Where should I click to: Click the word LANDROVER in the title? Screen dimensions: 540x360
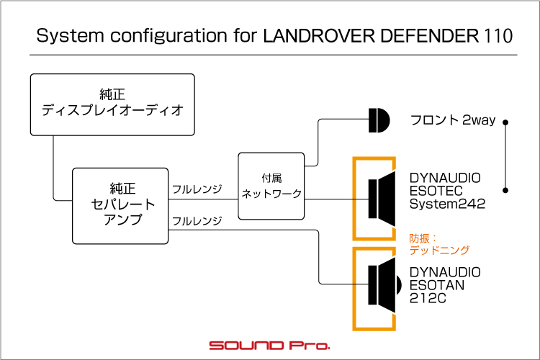pyautogui.click(x=318, y=36)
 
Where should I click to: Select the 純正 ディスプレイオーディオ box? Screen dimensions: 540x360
pyautogui.click(x=112, y=104)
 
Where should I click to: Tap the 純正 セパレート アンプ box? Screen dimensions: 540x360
pyautogui.click(x=120, y=206)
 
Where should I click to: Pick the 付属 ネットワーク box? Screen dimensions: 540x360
pyautogui.click(x=271, y=186)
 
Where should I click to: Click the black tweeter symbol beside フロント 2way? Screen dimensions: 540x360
pyautogui.click(x=379, y=120)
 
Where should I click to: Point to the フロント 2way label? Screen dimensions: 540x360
pyautogui.click(x=453, y=120)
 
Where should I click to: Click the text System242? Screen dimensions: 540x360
pyautogui.click(x=447, y=204)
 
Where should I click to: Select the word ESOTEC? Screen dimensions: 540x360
pyautogui.click(x=436, y=191)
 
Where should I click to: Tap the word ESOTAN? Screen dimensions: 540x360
pyautogui.click(x=437, y=285)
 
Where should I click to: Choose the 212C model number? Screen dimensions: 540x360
pyautogui.click(x=428, y=298)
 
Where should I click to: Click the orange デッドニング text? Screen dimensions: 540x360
pyautogui.click(x=439, y=250)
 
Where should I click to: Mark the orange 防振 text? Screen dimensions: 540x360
pyautogui.click(x=420, y=238)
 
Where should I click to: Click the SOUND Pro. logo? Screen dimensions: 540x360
pyautogui.click(x=270, y=345)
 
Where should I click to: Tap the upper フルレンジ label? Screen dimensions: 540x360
pyautogui.click(x=197, y=189)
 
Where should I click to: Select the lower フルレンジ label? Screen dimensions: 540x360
pyautogui.click(x=197, y=221)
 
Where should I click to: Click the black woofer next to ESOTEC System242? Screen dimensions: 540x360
pyautogui.click(x=382, y=199)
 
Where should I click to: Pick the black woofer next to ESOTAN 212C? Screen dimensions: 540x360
pyautogui.click(x=384, y=285)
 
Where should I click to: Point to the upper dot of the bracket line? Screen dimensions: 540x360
pyautogui.click(x=505, y=122)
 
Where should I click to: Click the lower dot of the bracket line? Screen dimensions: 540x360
pyautogui.click(x=505, y=190)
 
